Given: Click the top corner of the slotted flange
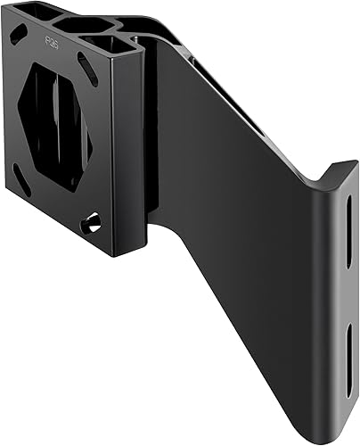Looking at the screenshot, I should pyautogui.click(x=354, y=164).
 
